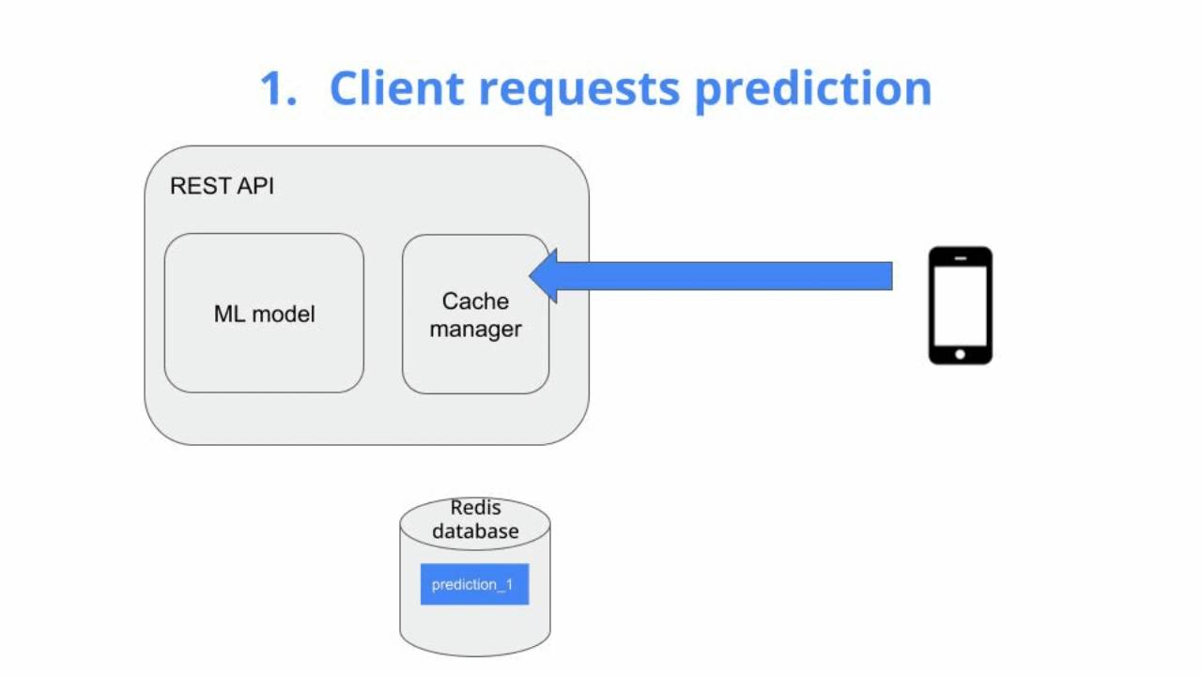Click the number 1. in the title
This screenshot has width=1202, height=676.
point(278,88)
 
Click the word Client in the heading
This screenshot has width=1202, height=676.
point(396,88)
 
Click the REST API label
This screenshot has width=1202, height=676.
point(222,186)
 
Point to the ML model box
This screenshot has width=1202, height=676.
point(264,313)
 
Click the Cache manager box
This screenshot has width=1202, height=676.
point(475,357)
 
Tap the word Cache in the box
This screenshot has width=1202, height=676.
point(475,301)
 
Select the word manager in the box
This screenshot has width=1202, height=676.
point(475,330)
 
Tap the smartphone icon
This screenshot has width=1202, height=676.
point(960,305)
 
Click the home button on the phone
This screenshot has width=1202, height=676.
point(960,354)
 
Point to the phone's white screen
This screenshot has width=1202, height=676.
point(960,305)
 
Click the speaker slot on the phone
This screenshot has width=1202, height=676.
point(960,256)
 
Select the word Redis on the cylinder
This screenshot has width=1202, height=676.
point(475,508)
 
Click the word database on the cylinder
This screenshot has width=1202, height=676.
point(475,531)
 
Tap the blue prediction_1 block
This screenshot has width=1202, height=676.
point(474,584)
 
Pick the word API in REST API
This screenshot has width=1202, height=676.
point(254,186)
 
